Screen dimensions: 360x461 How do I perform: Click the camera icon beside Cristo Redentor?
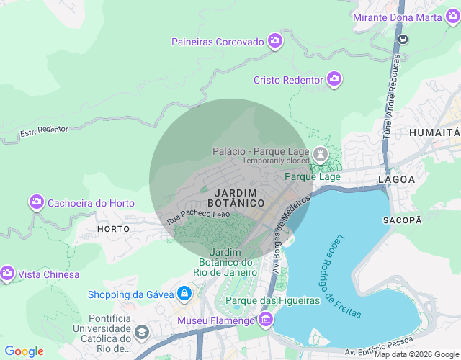[x=334, y=79]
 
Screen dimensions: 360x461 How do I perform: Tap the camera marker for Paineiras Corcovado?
[x=274, y=42]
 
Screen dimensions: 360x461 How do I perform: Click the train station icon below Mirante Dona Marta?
[x=405, y=39]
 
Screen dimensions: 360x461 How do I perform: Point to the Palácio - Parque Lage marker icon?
[x=321, y=154]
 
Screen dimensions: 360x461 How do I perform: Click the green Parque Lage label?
[x=313, y=176]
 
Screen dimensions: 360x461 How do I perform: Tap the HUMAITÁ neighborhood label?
[x=434, y=132]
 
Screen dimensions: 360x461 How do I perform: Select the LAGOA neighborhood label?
[x=397, y=179]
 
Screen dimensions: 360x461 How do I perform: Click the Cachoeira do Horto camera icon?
[x=37, y=203]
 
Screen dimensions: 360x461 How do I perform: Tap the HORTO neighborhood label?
[x=113, y=228]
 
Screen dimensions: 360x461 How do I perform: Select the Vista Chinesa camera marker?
[x=7, y=274]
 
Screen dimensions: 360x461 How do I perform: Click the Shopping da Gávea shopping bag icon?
[x=185, y=294]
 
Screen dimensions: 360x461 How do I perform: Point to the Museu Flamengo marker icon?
[x=267, y=319]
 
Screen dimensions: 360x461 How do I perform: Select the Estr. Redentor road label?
[x=44, y=131]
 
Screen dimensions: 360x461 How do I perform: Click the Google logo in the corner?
[x=24, y=351]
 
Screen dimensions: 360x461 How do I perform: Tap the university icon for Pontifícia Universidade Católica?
[x=141, y=332]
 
